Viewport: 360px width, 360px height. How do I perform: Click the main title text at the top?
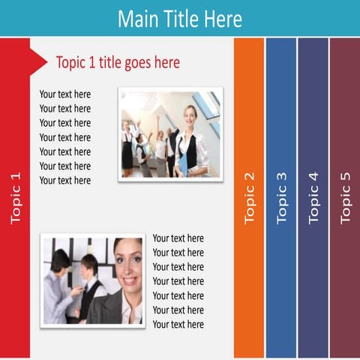[x=180, y=18]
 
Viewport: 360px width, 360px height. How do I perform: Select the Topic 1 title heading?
[x=118, y=62]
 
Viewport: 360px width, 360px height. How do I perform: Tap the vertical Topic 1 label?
[x=15, y=198]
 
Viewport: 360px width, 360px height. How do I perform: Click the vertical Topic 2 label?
[x=249, y=198]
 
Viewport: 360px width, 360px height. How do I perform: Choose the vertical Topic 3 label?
[x=281, y=198]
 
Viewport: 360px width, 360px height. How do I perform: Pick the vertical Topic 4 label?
[x=313, y=198]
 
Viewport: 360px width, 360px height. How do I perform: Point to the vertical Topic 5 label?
[x=345, y=198]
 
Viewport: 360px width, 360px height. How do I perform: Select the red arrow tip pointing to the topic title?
[x=41, y=56]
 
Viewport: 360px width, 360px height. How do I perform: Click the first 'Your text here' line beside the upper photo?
[x=65, y=94]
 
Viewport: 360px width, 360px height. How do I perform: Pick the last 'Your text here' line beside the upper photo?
[x=65, y=180]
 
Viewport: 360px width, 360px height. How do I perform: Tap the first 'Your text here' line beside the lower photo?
[x=178, y=238]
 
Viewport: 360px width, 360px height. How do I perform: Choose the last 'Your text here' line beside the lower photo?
[x=178, y=324]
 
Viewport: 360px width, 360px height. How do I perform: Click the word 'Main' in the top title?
[x=136, y=18]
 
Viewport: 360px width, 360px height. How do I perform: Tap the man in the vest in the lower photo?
[x=89, y=289]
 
